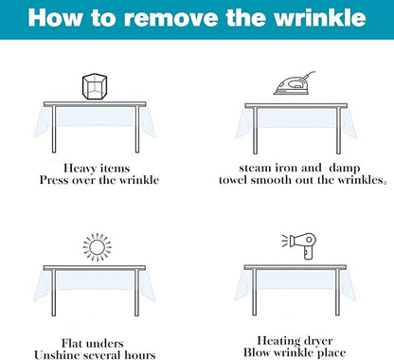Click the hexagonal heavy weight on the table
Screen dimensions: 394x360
tap(95, 87)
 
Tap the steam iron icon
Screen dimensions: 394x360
tap(295, 83)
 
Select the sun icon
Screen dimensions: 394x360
tap(97, 247)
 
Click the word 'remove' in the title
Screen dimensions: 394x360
tap(171, 18)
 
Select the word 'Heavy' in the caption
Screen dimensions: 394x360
tap(79, 169)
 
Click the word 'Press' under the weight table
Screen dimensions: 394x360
tap(54, 180)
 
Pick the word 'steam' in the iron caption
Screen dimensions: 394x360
tap(256, 168)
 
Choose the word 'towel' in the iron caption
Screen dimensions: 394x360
tap(233, 180)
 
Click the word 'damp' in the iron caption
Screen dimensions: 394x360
tap(345, 169)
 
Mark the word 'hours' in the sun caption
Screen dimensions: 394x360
tap(140, 354)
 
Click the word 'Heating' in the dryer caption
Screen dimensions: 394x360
tap(277, 341)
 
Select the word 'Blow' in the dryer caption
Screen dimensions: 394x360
tap(256, 352)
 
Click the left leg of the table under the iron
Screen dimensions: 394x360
tap(255, 131)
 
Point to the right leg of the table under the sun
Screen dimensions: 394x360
tap(136, 293)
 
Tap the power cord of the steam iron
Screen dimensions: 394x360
tap(309, 76)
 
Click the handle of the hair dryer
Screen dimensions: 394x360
tap(308, 253)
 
